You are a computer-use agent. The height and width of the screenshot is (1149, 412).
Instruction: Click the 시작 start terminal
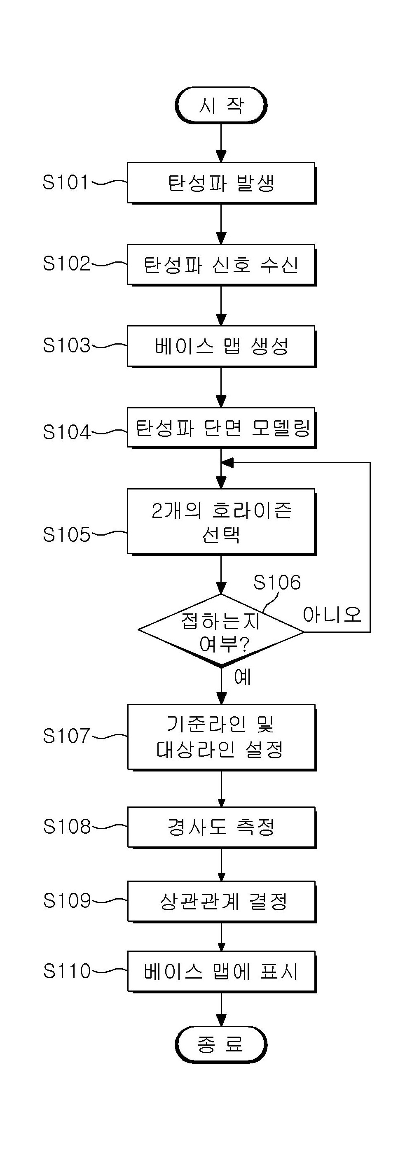point(221,105)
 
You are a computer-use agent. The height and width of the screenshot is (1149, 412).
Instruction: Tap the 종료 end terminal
point(221,1044)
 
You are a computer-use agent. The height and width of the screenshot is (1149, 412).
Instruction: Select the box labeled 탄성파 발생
point(221,183)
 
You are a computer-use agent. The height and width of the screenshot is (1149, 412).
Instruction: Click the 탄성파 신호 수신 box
point(221,264)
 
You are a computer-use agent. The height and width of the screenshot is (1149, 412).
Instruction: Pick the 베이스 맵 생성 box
point(221,346)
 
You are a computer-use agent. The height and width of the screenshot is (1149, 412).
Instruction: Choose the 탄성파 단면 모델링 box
point(221,428)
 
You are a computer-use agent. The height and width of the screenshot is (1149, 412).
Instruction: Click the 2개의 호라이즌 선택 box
point(221,522)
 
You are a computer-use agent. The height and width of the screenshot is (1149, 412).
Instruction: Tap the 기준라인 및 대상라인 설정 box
point(221,737)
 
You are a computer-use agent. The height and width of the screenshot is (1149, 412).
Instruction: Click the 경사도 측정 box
point(221,827)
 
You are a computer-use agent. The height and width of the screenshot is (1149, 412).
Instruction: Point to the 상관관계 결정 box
point(221,902)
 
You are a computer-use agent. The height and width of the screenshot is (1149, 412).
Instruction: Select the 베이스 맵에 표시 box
point(221,972)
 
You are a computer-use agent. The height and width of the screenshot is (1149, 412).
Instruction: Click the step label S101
point(66,182)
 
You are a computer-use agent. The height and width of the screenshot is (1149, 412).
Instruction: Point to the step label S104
point(66,432)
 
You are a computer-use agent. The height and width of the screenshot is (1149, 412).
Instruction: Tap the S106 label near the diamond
point(277,582)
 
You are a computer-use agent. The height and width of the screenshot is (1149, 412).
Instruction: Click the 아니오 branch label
point(332,615)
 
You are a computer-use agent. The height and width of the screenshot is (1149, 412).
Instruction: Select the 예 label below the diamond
point(242,677)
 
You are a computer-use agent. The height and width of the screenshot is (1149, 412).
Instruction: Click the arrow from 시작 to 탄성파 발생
point(221,143)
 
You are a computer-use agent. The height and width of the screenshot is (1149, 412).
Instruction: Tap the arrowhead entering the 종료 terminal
point(221,1020)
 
